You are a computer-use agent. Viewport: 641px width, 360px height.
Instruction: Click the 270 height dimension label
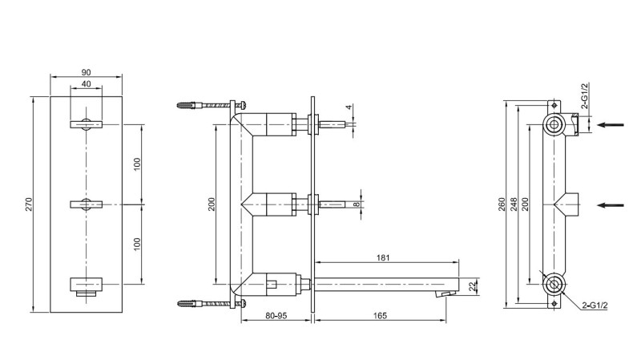pyautogui.click(x=30, y=205)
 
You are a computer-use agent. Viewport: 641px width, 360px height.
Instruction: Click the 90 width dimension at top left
pyautogui.click(x=86, y=72)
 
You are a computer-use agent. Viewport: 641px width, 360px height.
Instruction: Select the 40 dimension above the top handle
pyautogui.click(x=86, y=85)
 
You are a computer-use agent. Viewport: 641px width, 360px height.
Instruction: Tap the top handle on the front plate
pyautogui.click(x=86, y=123)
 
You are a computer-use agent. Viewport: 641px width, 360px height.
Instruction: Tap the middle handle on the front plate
pyautogui.click(x=86, y=204)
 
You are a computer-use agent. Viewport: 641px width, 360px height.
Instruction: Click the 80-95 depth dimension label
pyautogui.click(x=276, y=316)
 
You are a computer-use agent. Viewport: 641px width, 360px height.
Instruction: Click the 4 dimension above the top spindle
pyautogui.click(x=349, y=107)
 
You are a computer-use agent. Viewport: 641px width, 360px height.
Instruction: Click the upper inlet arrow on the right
pyautogui.click(x=613, y=124)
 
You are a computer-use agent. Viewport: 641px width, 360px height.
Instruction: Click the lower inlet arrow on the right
pyautogui.click(x=613, y=204)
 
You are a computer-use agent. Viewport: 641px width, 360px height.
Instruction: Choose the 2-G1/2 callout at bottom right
pyautogui.click(x=595, y=305)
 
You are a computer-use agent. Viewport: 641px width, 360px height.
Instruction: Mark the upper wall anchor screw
pyautogui.click(x=210, y=104)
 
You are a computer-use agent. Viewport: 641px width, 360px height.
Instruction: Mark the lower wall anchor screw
pyautogui.click(x=210, y=303)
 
